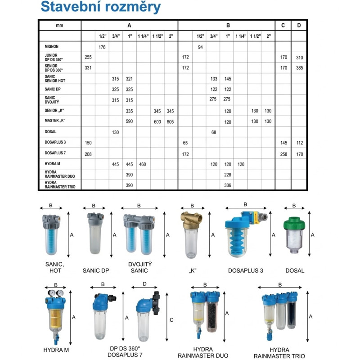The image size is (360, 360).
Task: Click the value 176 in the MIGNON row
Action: [102, 47]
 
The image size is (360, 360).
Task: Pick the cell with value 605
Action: [170, 121]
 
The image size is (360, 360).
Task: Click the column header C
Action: [283, 25]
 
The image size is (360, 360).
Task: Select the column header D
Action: [299, 25]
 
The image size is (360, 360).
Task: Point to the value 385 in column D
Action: [299, 68]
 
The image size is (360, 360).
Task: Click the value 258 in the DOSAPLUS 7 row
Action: [283, 154]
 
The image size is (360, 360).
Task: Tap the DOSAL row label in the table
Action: [50, 132]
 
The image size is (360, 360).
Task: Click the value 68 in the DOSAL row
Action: [214, 132]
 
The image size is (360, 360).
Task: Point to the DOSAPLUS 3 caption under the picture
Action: [245, 270]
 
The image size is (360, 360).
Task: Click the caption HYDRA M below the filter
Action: [56, 349]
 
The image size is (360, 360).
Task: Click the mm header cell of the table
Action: [59, 25]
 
